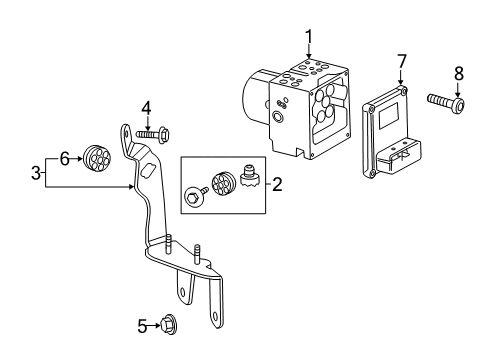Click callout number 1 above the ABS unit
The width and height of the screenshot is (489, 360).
click(x=309, y=37)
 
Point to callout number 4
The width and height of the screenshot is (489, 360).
click(x=145, y=107)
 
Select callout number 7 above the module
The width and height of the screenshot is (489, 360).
click(x=401, y=63)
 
